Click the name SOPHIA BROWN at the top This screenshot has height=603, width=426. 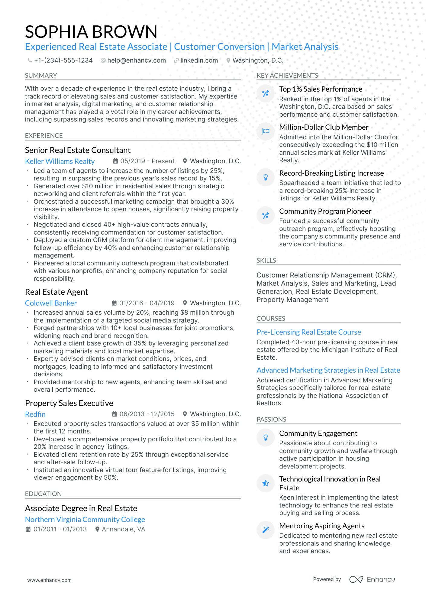point(91,32)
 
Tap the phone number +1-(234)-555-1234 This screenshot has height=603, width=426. point(63,60)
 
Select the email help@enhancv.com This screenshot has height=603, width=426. point(136,60)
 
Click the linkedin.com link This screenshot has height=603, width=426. point(199,60)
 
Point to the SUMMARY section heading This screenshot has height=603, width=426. point(41,76)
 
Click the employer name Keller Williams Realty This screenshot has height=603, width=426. point(60,161)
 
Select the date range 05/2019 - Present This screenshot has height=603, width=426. point(147,161)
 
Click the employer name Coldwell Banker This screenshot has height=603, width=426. point(51,303)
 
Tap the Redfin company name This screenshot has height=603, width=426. point(35,414)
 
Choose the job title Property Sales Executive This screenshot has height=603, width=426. point(69,403)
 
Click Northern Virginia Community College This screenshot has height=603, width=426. point(85,520)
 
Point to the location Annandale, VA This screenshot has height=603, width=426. point(123,529)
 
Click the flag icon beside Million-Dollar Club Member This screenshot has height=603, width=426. point(266,131)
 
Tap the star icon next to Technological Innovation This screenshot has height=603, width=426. point(266,483)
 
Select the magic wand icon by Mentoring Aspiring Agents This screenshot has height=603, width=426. point(266,530)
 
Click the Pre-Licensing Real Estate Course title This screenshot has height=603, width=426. point(308,332)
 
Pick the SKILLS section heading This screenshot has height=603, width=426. point(266,261)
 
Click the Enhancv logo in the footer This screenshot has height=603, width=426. point(372,579)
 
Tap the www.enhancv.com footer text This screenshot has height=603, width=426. point(50,580)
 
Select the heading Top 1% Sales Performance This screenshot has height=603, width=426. point(321,89)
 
